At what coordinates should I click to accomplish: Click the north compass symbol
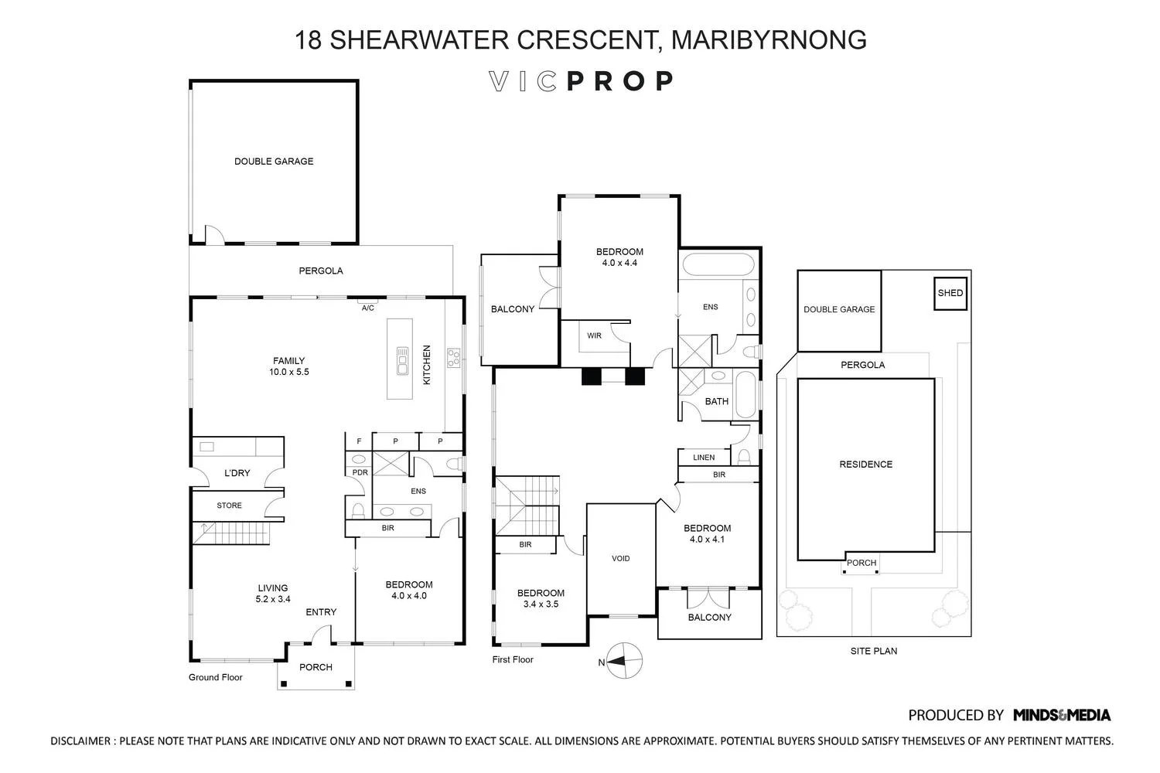click(x=623, y=661)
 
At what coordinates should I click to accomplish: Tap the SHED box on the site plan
click(x=950, y=294)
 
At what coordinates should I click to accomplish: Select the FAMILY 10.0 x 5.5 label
click(x=289, y=366)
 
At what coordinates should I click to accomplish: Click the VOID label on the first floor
click(x=621, y=558)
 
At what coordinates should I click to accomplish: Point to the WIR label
click(x=594, y=335)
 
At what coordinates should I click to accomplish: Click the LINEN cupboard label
click(x=704, y=458)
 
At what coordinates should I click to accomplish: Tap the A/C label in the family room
click(x=367, y=308)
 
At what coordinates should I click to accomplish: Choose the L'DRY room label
click(x=237, y=473)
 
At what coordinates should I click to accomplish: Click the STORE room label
click(x=230, y=506)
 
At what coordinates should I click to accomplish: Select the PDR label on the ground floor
click(x=360, y=472)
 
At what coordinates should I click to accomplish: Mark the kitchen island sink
click(x=402, y=360)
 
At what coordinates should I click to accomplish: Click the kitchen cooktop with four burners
click(x=454, y=357)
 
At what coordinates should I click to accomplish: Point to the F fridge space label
click(x=360, y=441)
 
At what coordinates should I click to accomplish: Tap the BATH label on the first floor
click(x=717, y=401)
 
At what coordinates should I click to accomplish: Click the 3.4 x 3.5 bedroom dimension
click(x=541, y=604)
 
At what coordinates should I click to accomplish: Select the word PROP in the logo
click(x=620, y=81)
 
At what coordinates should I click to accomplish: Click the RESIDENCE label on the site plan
click(x=866, y=465)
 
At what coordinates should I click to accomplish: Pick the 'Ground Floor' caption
click(x=216, y=677)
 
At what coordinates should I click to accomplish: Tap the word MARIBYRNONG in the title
click(x=769, y=40)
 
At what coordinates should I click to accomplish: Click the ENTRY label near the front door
click(x=321, y=612)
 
